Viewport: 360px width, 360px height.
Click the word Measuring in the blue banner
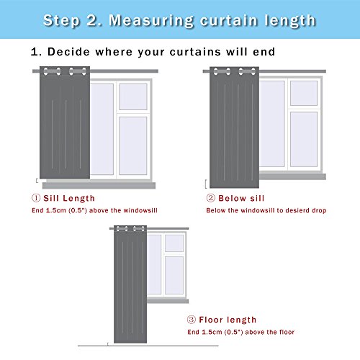tap(151, 21)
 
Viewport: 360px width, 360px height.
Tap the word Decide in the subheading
tap(69, 52)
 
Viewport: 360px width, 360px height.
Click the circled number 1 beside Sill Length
tap(36, 198)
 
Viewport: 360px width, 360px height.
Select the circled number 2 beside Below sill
tap(210, 198)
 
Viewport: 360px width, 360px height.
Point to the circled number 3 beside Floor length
tap(192, 320)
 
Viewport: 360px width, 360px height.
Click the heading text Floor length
tap(228, 320)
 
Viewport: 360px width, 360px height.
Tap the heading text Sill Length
tap(69, 199)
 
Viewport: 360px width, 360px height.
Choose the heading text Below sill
tap(241, 198)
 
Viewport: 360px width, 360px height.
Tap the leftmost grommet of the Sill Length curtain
tap(45, 71)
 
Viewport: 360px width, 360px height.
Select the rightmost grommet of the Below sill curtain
tap(253, 71)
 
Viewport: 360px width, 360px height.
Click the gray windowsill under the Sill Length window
tap(99, 185)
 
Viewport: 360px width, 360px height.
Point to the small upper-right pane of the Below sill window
tap(304, 93)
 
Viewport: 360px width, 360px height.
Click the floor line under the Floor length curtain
tap(148, 346)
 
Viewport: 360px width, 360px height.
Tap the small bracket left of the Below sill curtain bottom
tap(206, 184)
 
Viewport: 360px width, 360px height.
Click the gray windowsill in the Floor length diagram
tap(168, 301)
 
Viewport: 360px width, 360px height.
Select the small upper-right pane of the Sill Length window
tap(133, 96)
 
